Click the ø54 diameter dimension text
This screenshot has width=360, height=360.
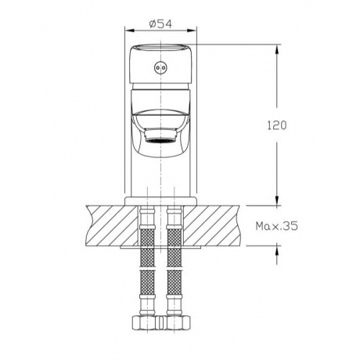160,24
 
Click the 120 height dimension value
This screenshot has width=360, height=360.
277,125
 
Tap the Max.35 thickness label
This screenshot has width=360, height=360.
276,226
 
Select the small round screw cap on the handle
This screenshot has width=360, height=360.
160,67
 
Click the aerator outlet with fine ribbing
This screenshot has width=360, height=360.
161,137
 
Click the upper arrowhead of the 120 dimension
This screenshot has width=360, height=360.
277,49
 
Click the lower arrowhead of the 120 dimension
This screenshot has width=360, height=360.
277,200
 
